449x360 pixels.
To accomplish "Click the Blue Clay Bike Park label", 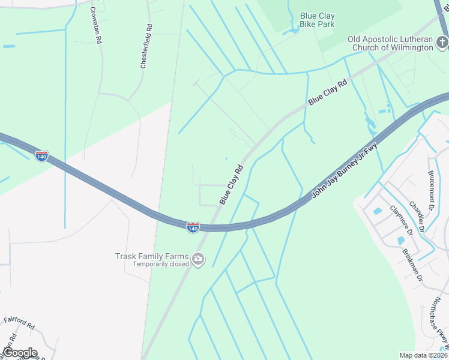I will point(318,20).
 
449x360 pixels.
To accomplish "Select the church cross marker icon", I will point(442,42).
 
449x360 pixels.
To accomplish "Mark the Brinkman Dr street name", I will point(412,265).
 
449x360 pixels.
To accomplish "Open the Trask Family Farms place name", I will point(151,256).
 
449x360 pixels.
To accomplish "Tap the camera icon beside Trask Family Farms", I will point(198,260).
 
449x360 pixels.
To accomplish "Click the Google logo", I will point(19,352).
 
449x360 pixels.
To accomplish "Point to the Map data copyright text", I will point(424,355).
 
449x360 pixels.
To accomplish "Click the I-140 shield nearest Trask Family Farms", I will point(192,228).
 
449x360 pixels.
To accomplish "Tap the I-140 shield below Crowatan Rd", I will point(41,156).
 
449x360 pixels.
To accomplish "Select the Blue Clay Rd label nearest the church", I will point(328,92).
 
